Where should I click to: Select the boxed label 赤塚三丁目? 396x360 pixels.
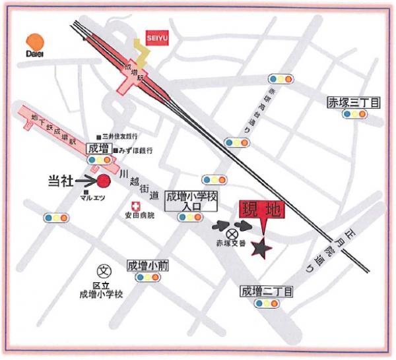point(354,102)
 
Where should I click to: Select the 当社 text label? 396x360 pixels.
point(62,179)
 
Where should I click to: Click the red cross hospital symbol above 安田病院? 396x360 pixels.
point(137,205)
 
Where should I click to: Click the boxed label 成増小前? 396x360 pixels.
point(148,265)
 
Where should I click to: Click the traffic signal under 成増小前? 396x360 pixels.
point(147,278)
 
